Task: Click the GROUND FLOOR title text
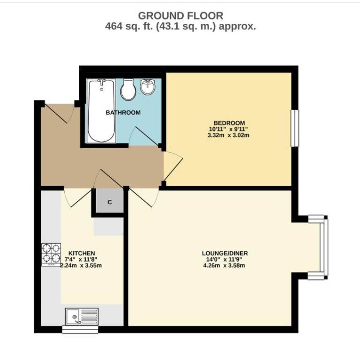tap(180, 16)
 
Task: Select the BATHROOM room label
tap(123, 113)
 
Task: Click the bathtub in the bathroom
tap(101, 111)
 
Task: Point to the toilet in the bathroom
tap(128, 90)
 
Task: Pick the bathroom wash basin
tap(148, 87)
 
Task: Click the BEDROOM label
tap(229, 123)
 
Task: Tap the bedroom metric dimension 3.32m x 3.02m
tap(228, 135)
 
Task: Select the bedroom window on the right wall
tap(295, 128)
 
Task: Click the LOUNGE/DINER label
tap(225, 253)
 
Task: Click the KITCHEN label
tap(82, 253)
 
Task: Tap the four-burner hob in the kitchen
tap(51, 255)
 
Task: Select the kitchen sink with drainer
tap(82, 317)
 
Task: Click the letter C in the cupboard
tap(110, 202)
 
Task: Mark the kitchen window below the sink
tap(80, 330)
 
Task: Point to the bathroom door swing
tap(145, 136)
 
